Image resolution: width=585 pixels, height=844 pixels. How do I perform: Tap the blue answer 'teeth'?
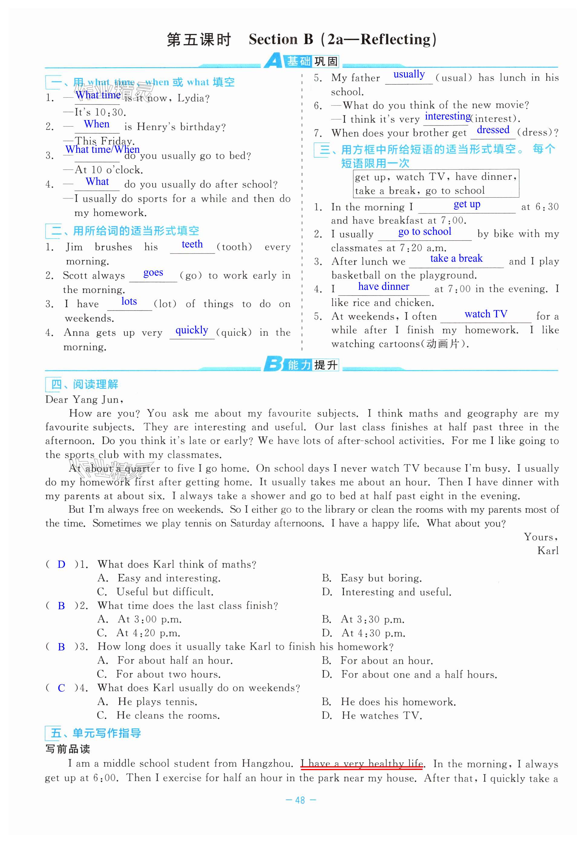pyautogui.click(x=192, y=244)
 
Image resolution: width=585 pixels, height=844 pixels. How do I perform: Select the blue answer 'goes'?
pyautogui.click(x=153, y=273)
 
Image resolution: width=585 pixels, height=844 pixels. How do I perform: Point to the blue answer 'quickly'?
pyautogui.click(x=192, y=330)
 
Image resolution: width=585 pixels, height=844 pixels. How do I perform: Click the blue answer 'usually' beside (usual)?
pyautogui.click(x=409, y=74)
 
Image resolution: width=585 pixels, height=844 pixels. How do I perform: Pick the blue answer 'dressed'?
pyautogui.click(x=493, y=130)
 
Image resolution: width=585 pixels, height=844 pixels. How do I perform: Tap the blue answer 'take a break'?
pyautogui.click(x=456, y=258)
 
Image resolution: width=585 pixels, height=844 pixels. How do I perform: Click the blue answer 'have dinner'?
pyautogui.click(x=384, y=286)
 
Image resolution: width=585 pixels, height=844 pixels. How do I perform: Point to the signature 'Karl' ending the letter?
pyautogui.click(x=547, y=551)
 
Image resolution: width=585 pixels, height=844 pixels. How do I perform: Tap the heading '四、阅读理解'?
pyautogui.click(x=84, y=384)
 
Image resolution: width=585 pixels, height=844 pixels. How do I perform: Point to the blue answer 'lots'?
pyautogui.click(x=129, y=301)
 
